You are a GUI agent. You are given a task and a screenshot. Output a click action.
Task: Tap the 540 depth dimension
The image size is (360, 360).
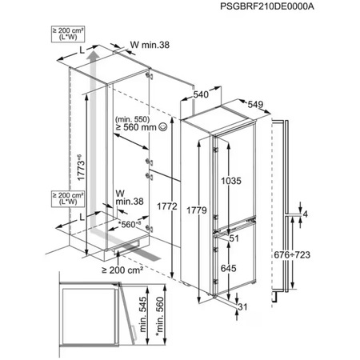(x=202, y=95)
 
